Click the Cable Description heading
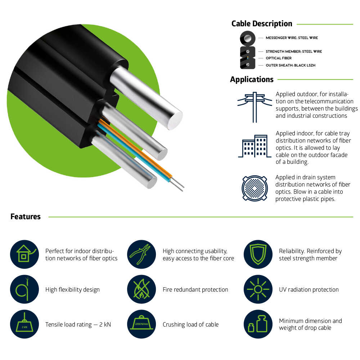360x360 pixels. tap(262, 24)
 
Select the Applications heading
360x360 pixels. tap(252, 80)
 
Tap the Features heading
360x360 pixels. tap(26, 216)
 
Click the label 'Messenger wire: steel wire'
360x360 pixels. tap(292, 38)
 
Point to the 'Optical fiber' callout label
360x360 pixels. tap(279, 58)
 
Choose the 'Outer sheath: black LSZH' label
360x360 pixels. tap(291, 65)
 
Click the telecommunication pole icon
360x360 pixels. tap(255, 107)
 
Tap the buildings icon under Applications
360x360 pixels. tap(255, 146)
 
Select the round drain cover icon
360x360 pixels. tap(255, 188)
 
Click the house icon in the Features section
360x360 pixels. tap(24, 254)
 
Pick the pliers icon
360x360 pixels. tap(141, 254)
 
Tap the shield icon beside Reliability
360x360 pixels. tap(258, 254)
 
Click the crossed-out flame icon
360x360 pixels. tap(141, 289)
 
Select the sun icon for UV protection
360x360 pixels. tap(258, 289)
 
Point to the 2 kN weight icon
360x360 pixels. tap(24, 324)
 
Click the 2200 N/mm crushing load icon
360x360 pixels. tap(141, 324)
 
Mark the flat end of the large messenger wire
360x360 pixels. tap(175, 120)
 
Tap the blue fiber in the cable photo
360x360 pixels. tap(133, 153)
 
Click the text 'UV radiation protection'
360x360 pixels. tap(309, 289)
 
